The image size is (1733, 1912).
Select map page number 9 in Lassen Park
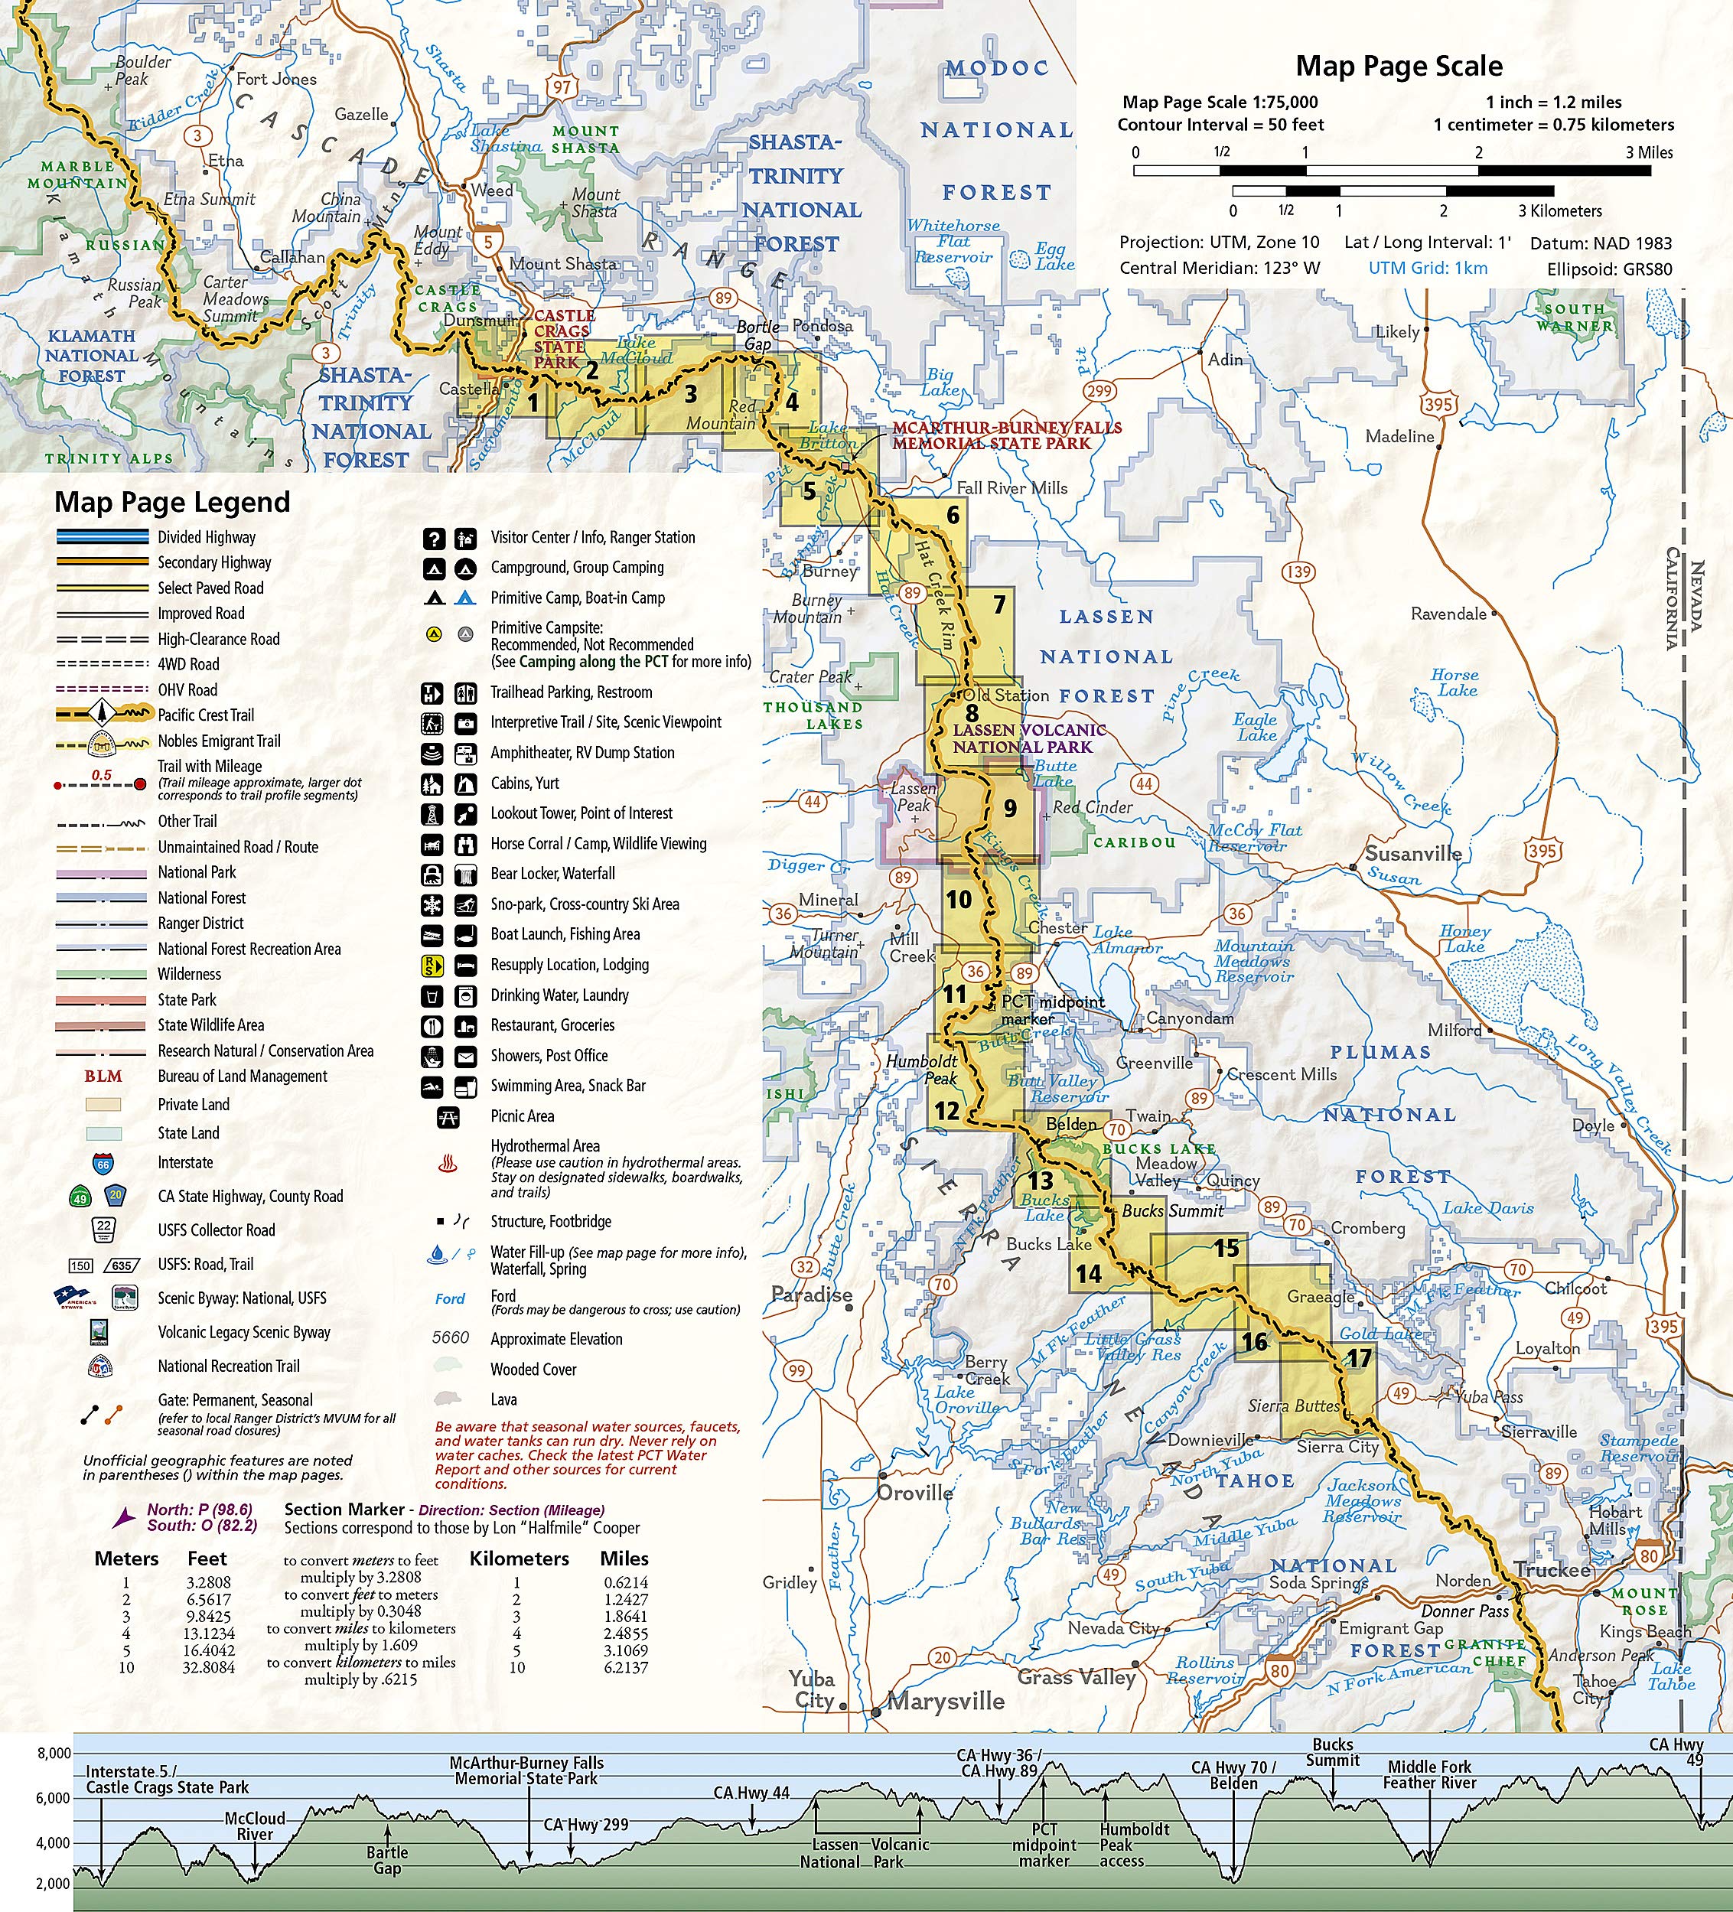(x=1010, y=808)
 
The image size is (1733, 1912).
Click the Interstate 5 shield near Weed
(x=488, y=241)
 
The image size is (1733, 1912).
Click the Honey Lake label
(x=1465, y=938)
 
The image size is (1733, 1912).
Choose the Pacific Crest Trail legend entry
(x=206, y=715)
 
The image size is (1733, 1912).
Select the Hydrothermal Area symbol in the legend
(x=448, y=1163)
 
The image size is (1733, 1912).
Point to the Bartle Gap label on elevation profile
(x=387, y=1860)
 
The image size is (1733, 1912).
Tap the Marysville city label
(x=945, y=1701)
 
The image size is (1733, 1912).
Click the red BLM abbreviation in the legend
(x=103, y=1077)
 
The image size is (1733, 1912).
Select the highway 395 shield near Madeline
(x=1438, y=404)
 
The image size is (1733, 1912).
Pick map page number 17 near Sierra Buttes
(x=1360, y=1358)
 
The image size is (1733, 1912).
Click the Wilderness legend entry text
(x=189, y=974)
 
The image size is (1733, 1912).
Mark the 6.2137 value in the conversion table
(x=625, y=1666)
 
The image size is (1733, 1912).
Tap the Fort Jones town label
(x=276, y=80)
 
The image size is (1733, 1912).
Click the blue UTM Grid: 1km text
(x=1427, y=269)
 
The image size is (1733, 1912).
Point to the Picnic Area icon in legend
(x=448, y=1117)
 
